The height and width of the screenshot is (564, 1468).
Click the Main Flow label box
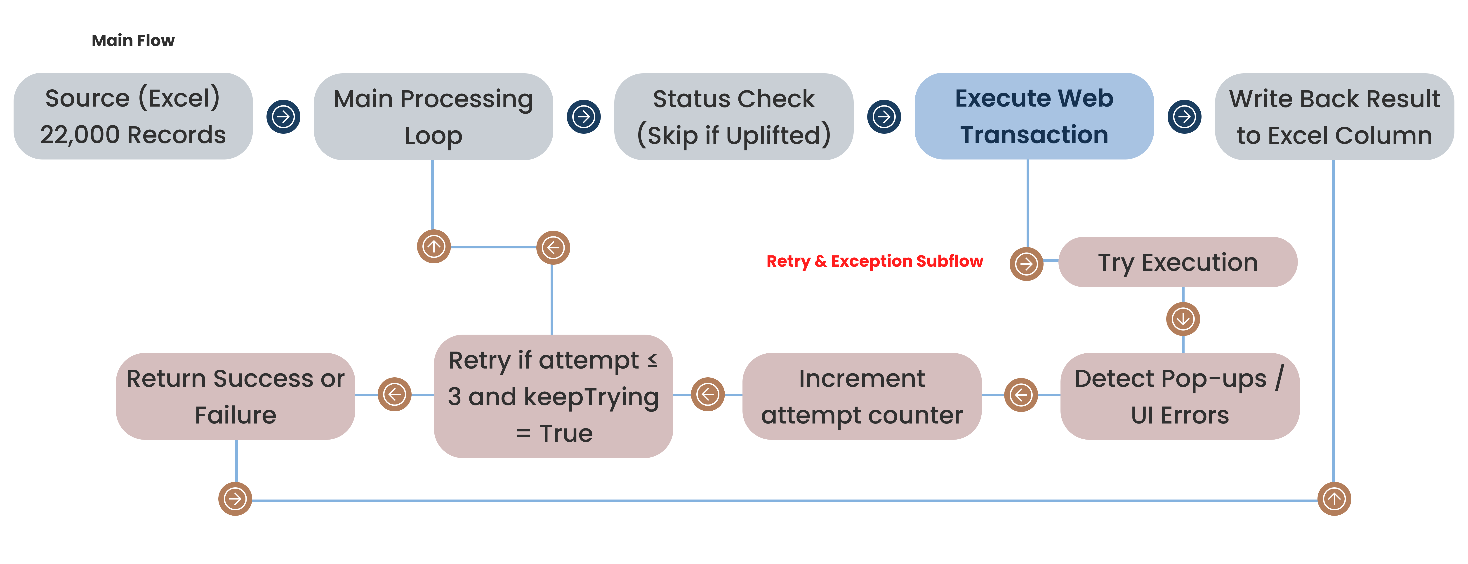(x=133, y=40)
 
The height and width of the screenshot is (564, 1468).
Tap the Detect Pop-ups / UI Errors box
(x=1180, y=396)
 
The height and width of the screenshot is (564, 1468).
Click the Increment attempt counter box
(x=862, y=396)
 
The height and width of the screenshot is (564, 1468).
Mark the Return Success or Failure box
(x=235, y=396)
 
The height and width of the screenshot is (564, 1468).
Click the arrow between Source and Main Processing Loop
(x=283, y=117)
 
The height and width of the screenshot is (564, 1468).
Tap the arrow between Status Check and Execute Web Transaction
(x=884, y=117)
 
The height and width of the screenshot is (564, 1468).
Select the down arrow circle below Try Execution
(x=1183, y=319)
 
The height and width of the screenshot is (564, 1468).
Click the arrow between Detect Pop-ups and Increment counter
(x=1021, y=395)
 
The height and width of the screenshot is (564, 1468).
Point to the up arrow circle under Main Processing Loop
(x=434, y=247)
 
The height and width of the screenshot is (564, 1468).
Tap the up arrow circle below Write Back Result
(x=1334, y=499)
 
